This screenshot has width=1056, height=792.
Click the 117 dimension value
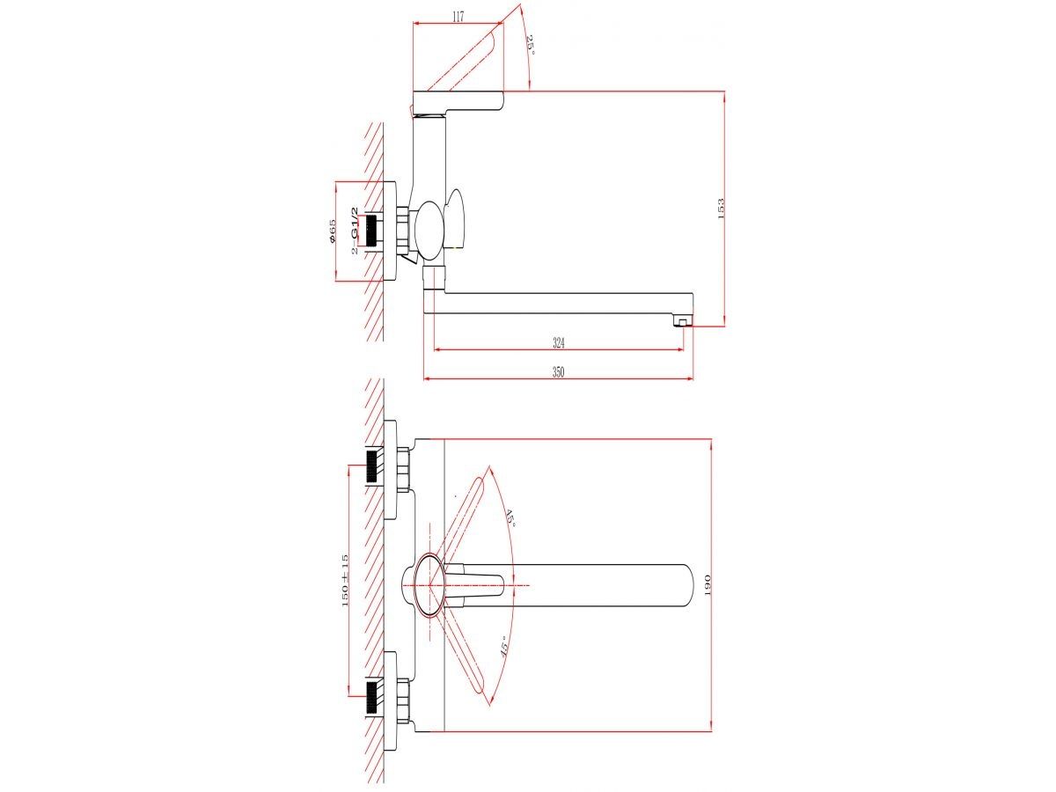[458, 18]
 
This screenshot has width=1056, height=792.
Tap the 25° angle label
[530, 44]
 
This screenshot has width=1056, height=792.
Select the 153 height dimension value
[720, 209]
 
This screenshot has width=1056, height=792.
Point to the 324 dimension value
[558, 342]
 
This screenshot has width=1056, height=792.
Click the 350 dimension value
[558, 372]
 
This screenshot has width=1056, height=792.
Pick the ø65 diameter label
[332, 231]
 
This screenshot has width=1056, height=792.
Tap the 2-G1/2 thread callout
[355, 231]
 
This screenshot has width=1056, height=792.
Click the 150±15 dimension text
[344, 580]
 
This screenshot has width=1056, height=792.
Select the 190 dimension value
[708, 584]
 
